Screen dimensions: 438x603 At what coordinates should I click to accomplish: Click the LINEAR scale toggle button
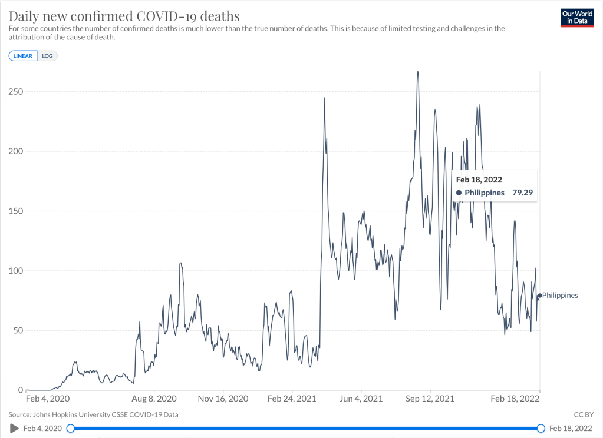point(23,56)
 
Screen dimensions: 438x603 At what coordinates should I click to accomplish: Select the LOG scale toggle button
point(47,56)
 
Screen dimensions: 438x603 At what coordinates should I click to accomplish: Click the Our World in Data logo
point(576,17)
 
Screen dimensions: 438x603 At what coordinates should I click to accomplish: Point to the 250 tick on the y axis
point(16,92)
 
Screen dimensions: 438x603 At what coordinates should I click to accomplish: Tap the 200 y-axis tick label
point(16,151)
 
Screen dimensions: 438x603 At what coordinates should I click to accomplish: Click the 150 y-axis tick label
point(16,211)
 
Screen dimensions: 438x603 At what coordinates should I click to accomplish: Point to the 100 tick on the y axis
point(16,271)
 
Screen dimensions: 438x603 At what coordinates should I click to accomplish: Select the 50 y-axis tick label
point(18,330)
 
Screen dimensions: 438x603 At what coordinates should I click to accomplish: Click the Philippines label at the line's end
point(560,296)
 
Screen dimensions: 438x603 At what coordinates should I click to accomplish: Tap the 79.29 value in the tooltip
point(522,193)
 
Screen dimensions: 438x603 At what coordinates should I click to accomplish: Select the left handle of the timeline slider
point(71,428)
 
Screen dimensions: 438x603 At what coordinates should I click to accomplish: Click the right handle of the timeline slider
point(541,428)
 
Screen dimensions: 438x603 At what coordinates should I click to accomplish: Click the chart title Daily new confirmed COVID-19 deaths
point(124,15)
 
